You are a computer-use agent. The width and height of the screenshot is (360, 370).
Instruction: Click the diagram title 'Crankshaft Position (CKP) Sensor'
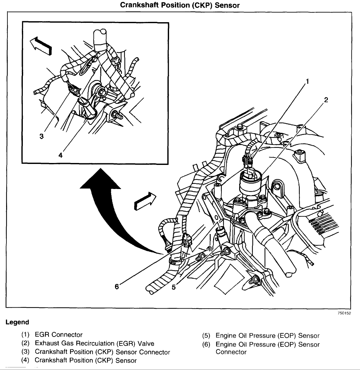180,5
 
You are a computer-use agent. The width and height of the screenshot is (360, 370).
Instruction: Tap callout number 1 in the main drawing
307,82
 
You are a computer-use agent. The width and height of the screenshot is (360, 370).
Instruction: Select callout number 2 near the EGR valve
326,100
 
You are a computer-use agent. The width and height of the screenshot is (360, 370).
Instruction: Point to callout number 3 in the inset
41,136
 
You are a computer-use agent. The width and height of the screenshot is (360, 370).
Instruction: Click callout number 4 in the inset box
60,155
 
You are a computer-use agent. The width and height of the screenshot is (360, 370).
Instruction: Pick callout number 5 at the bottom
174,287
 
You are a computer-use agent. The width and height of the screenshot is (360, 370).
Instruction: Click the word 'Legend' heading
17,322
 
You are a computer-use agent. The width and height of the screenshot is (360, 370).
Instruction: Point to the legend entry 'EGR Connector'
59,335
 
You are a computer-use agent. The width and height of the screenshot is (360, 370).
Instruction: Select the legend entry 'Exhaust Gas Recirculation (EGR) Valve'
94,343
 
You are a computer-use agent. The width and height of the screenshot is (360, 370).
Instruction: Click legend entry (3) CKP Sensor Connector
102,352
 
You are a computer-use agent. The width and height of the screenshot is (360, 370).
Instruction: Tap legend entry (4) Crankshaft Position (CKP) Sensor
85,360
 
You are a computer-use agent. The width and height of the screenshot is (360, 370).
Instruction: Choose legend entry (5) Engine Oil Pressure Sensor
267,336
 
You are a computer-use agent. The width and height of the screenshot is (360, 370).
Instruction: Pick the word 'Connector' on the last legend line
231,352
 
